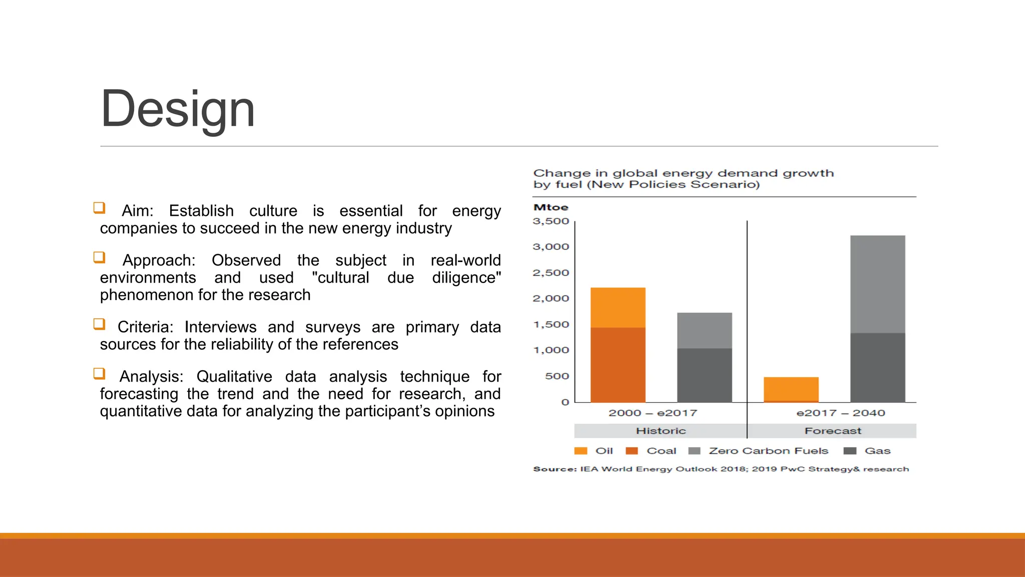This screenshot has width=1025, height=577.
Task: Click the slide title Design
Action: click(178, 109)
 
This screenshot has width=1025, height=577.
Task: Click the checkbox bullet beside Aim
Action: click(99, 208)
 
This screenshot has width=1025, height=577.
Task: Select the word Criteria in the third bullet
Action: click(145, 327)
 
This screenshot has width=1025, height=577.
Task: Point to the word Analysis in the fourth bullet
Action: click(151, 377)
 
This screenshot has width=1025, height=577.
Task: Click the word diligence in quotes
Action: click(466, 277)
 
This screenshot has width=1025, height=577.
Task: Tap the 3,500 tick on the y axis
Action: click(551, 221)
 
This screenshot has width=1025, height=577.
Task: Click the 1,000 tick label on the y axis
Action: click(551, 350)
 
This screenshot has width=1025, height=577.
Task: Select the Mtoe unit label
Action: click(551, 207)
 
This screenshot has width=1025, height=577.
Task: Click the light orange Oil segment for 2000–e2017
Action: click(618, 308)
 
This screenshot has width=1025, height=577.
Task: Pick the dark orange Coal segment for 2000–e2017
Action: click(618, 365)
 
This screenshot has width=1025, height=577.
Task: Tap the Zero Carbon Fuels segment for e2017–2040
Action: click(877, 284)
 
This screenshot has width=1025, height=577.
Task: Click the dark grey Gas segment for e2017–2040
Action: click(877, 367)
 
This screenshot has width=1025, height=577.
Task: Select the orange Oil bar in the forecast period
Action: click(791, 389)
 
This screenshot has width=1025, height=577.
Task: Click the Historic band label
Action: click(661, 431)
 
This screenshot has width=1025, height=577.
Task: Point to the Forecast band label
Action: click(833, 431)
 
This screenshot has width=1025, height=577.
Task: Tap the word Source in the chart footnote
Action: click(555, 469)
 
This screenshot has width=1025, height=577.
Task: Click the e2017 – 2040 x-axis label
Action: click(840, 413)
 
